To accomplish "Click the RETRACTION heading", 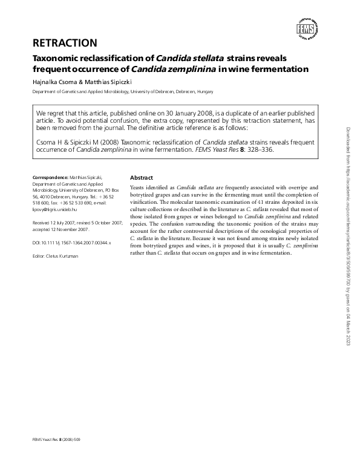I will [x=65, y=43].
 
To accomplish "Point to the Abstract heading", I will [x=142, y=178].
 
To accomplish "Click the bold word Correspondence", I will [x=50, y=177].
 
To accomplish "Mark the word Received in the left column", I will [x=42, y=223].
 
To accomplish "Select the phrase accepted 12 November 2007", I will [x=61, y=230].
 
